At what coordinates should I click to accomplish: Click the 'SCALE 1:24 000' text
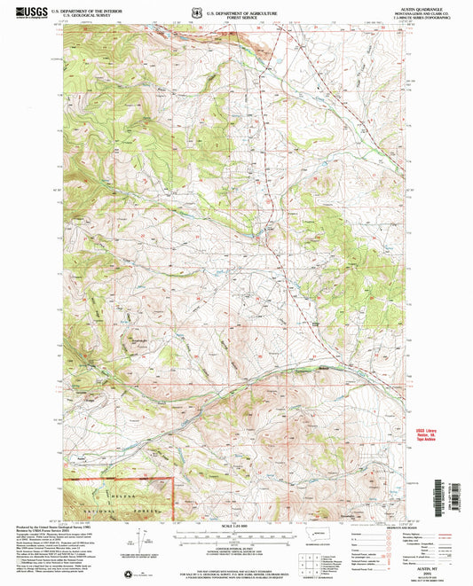236,526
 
